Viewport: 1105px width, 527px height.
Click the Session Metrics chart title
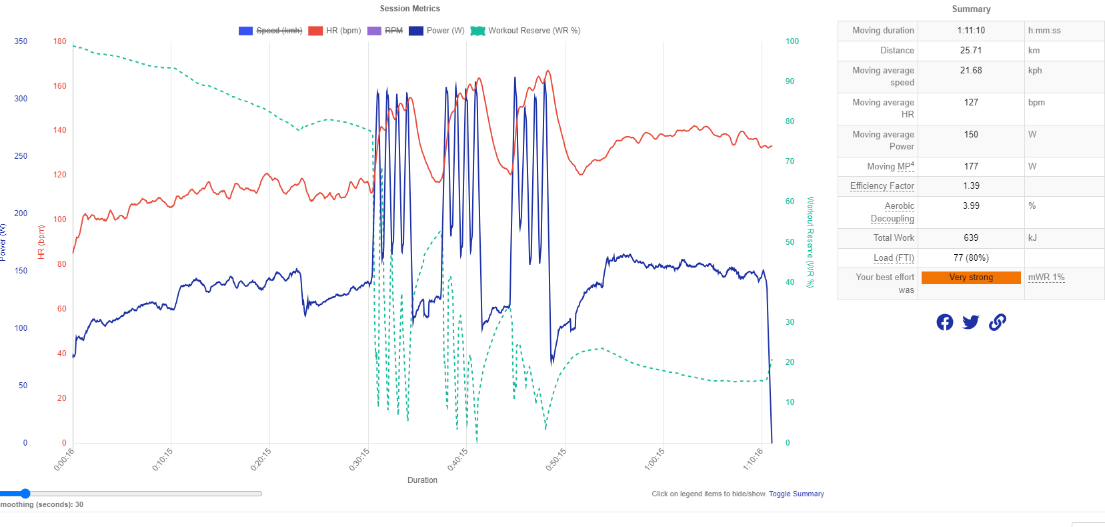click(x=409, y=9)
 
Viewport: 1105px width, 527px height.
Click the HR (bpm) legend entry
click(x=343, y=31)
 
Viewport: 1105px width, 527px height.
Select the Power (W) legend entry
click(x=445, y=31)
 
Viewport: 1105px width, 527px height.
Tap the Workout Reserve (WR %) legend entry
click(x=533, y=31)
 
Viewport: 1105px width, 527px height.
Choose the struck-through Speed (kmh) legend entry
click(x=278, y=31)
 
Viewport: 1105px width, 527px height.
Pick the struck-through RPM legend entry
click(x=393, y=31)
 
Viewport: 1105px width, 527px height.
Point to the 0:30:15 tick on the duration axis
click(x=360, y=460)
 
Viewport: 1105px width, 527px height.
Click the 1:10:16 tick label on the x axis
click(x=754, y=460)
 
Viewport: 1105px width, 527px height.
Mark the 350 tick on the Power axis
click(x=21, y=41)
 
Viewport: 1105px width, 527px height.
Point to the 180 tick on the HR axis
click(x=60, y=41)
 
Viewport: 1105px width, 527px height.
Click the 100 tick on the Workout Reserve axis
click(x=792, y=41)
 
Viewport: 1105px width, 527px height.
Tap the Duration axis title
click(x=422, y=480)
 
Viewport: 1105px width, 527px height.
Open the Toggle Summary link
click(x=796, y=494)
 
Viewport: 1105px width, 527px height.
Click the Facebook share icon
click(x=944, y=322)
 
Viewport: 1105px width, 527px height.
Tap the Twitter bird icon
click(x=971, y=322)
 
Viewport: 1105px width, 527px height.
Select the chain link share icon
click(x=997, y=322)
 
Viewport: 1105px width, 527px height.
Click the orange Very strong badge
click(x=971, y=278)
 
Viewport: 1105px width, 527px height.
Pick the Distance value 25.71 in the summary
click(x=971, y=51)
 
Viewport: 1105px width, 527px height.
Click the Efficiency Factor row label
click(x=882, y=186)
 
